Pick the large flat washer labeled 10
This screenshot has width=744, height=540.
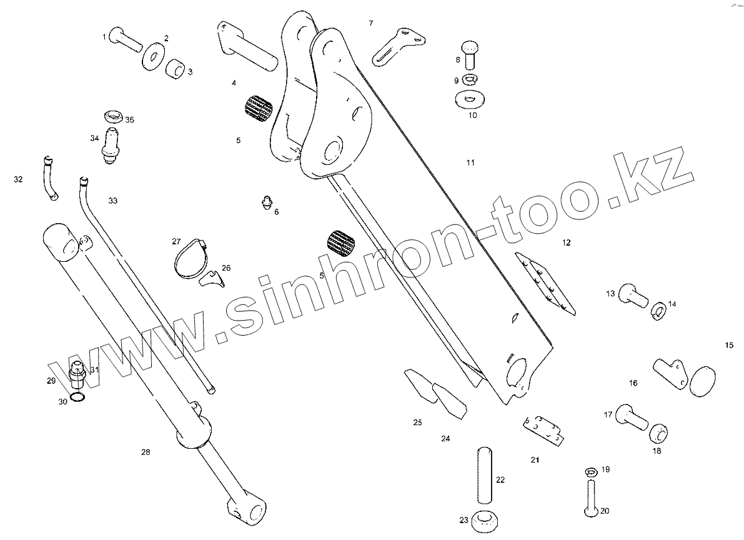click(x=470, y=99)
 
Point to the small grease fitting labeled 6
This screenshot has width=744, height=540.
click(x=266, y=202)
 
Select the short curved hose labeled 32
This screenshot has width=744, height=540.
click(x=50, y=179)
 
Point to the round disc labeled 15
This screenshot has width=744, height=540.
click(x=702, y=381)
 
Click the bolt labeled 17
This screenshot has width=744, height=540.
click(x=630, y=417)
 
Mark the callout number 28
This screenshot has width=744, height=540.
click(x=146, y=452)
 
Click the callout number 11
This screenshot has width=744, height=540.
click(x=470, y=163)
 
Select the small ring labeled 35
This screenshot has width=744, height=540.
click(x=113, y=116)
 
